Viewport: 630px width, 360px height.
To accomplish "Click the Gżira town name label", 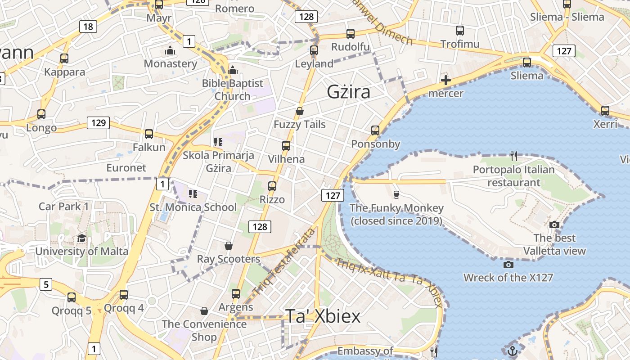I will click(348, 92).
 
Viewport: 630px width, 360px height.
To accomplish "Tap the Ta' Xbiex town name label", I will click(323, 316).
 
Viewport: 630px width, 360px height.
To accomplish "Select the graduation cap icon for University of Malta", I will click(81, 238).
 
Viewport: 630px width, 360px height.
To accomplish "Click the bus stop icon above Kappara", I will click(64, 58).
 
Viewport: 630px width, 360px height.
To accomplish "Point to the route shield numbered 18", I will click(88, 27).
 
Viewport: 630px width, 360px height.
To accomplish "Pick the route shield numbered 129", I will click(99, 122).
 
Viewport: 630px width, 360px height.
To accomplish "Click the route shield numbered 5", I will click(46, 284).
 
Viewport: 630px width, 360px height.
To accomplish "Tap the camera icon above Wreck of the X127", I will click(508, 265).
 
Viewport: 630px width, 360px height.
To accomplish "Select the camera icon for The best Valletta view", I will click(554, 225).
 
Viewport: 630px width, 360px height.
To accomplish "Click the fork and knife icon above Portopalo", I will click(514, 156).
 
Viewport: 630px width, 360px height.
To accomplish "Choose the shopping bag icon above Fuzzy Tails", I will click(300, 111).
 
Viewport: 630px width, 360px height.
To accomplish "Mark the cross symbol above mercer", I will click(446, 81).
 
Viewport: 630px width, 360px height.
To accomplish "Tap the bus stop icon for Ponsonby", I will click(375, 130).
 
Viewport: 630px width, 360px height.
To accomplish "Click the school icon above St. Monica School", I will click(193, 194).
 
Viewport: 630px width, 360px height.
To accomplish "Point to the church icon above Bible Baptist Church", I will click(233, 70).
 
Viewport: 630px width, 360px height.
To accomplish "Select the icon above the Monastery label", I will click(170, 50).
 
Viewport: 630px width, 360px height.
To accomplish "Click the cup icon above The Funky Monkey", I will click(396, 194).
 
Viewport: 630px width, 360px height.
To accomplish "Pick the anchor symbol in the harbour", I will click(512, 351).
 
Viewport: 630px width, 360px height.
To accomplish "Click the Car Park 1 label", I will click(64, 207).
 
